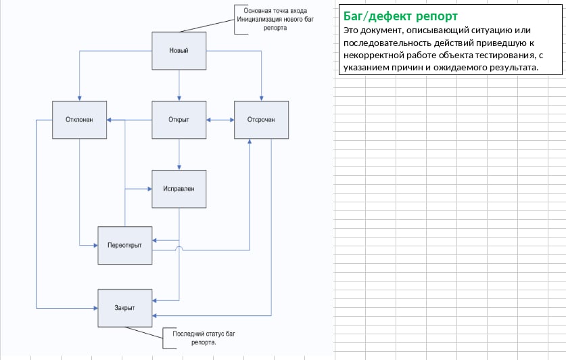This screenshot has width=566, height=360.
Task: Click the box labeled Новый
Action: click(179, 51)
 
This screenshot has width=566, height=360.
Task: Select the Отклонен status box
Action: click(79, 120)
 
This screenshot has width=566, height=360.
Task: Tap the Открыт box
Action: click(179, 120)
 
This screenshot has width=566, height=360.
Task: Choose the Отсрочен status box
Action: click(261, 120)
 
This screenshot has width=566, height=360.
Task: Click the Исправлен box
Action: click(179, 189)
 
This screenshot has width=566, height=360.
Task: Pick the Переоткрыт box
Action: click(125, 245)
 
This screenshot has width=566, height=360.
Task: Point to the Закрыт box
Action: click(125, 308)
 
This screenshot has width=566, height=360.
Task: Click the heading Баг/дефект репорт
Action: click(400, 16)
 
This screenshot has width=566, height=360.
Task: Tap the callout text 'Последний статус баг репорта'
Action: click(204, 338)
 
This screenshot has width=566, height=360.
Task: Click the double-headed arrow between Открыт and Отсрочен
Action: click(220, 120)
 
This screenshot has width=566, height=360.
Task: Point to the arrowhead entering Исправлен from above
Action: click(179, 168)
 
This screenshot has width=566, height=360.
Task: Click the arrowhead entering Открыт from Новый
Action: click(179, 99)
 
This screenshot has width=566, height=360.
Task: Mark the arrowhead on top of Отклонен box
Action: click(79, 99)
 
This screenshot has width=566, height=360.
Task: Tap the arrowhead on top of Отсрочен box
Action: click(261, 99)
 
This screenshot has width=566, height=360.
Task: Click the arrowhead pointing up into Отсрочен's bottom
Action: click(250, 141)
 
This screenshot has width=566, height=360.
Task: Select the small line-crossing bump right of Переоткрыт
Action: click(179, 248)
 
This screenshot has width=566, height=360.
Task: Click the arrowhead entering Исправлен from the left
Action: click(149, 189)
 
